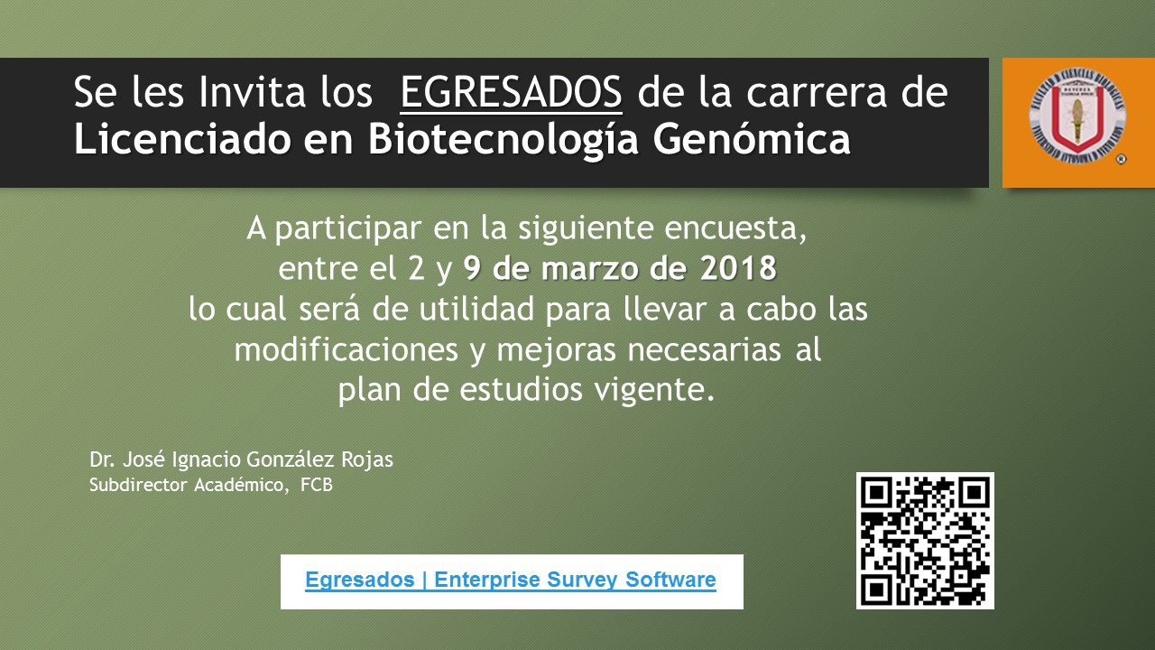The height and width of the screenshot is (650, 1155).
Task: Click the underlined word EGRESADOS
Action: (511, 93)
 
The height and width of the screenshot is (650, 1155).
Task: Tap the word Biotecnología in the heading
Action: (504, 140)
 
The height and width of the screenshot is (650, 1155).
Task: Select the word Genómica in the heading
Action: (752, 138)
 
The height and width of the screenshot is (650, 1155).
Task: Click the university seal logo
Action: (1077, 116)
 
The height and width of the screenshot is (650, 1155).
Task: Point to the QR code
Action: (925, 541)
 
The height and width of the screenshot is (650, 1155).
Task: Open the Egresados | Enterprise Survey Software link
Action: (511, 580)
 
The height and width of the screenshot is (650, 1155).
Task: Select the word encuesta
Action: (735, 228)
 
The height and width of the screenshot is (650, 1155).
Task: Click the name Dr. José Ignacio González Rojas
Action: (241, 460)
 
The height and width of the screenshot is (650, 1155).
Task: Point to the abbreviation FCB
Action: (317, 485)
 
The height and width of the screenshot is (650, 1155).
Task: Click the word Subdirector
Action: (138, 485)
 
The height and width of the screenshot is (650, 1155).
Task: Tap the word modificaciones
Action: (346, 350)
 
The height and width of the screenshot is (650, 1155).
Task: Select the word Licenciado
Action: (183, 139)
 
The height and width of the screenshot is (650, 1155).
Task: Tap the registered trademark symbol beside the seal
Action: (1121, 160)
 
